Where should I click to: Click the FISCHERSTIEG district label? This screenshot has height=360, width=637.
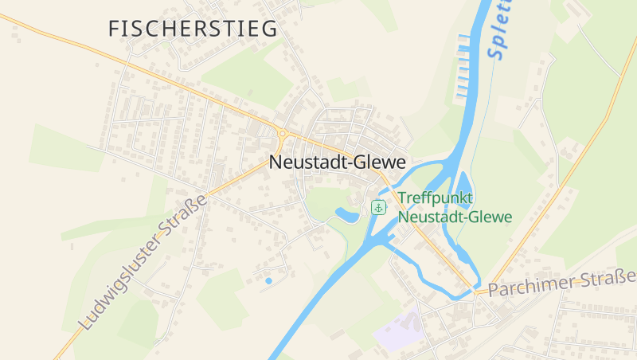pyautogui.click(x=193, y=29)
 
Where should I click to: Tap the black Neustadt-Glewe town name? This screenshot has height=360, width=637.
pyautogui.click(x=338, y=162)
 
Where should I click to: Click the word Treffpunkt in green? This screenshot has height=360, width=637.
pyautogui.click(x=436, y=198)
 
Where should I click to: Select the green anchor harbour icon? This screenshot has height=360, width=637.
pyautogui.click(x=379, y=208)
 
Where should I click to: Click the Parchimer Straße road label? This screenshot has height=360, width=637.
pyautogui.click(x=562, y=284)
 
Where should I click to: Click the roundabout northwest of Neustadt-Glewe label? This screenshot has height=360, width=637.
pyautogui.click(x=282, y=134)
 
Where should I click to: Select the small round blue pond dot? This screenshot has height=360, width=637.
pyautogui.click(x=268, y=280)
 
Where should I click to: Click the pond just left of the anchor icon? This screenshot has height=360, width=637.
pyautogui.click(x=347, y=214)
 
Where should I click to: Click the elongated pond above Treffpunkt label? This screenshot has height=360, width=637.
pyautogui.click(x=463, y=182)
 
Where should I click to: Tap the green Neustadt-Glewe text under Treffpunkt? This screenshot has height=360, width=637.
pyautogui.click(x=455, y=216)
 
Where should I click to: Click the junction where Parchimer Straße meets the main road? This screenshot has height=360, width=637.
pyautogui.click(x=478, y=292)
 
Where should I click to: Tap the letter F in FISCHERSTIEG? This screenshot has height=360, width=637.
pyautogui.click(x=115, y=29)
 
